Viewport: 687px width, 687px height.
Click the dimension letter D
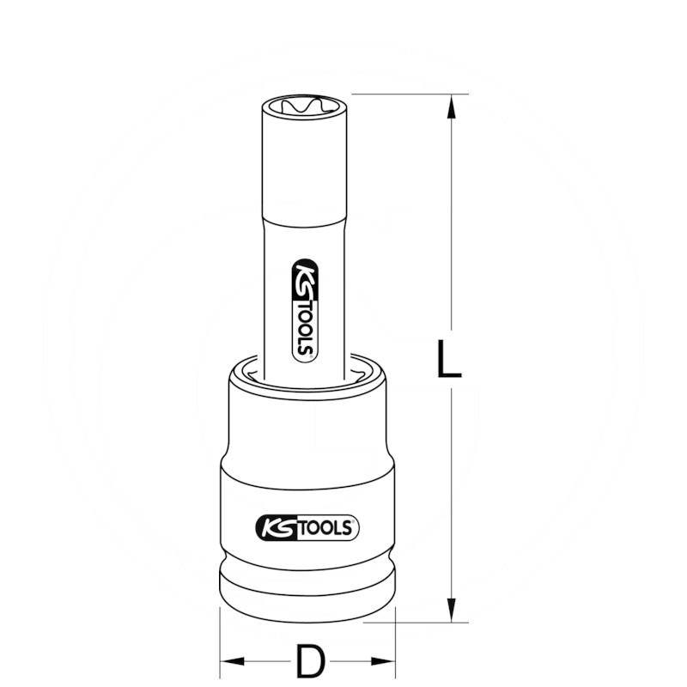309,661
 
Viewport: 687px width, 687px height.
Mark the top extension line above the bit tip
404,94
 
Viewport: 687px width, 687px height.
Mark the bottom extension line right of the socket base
429,622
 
